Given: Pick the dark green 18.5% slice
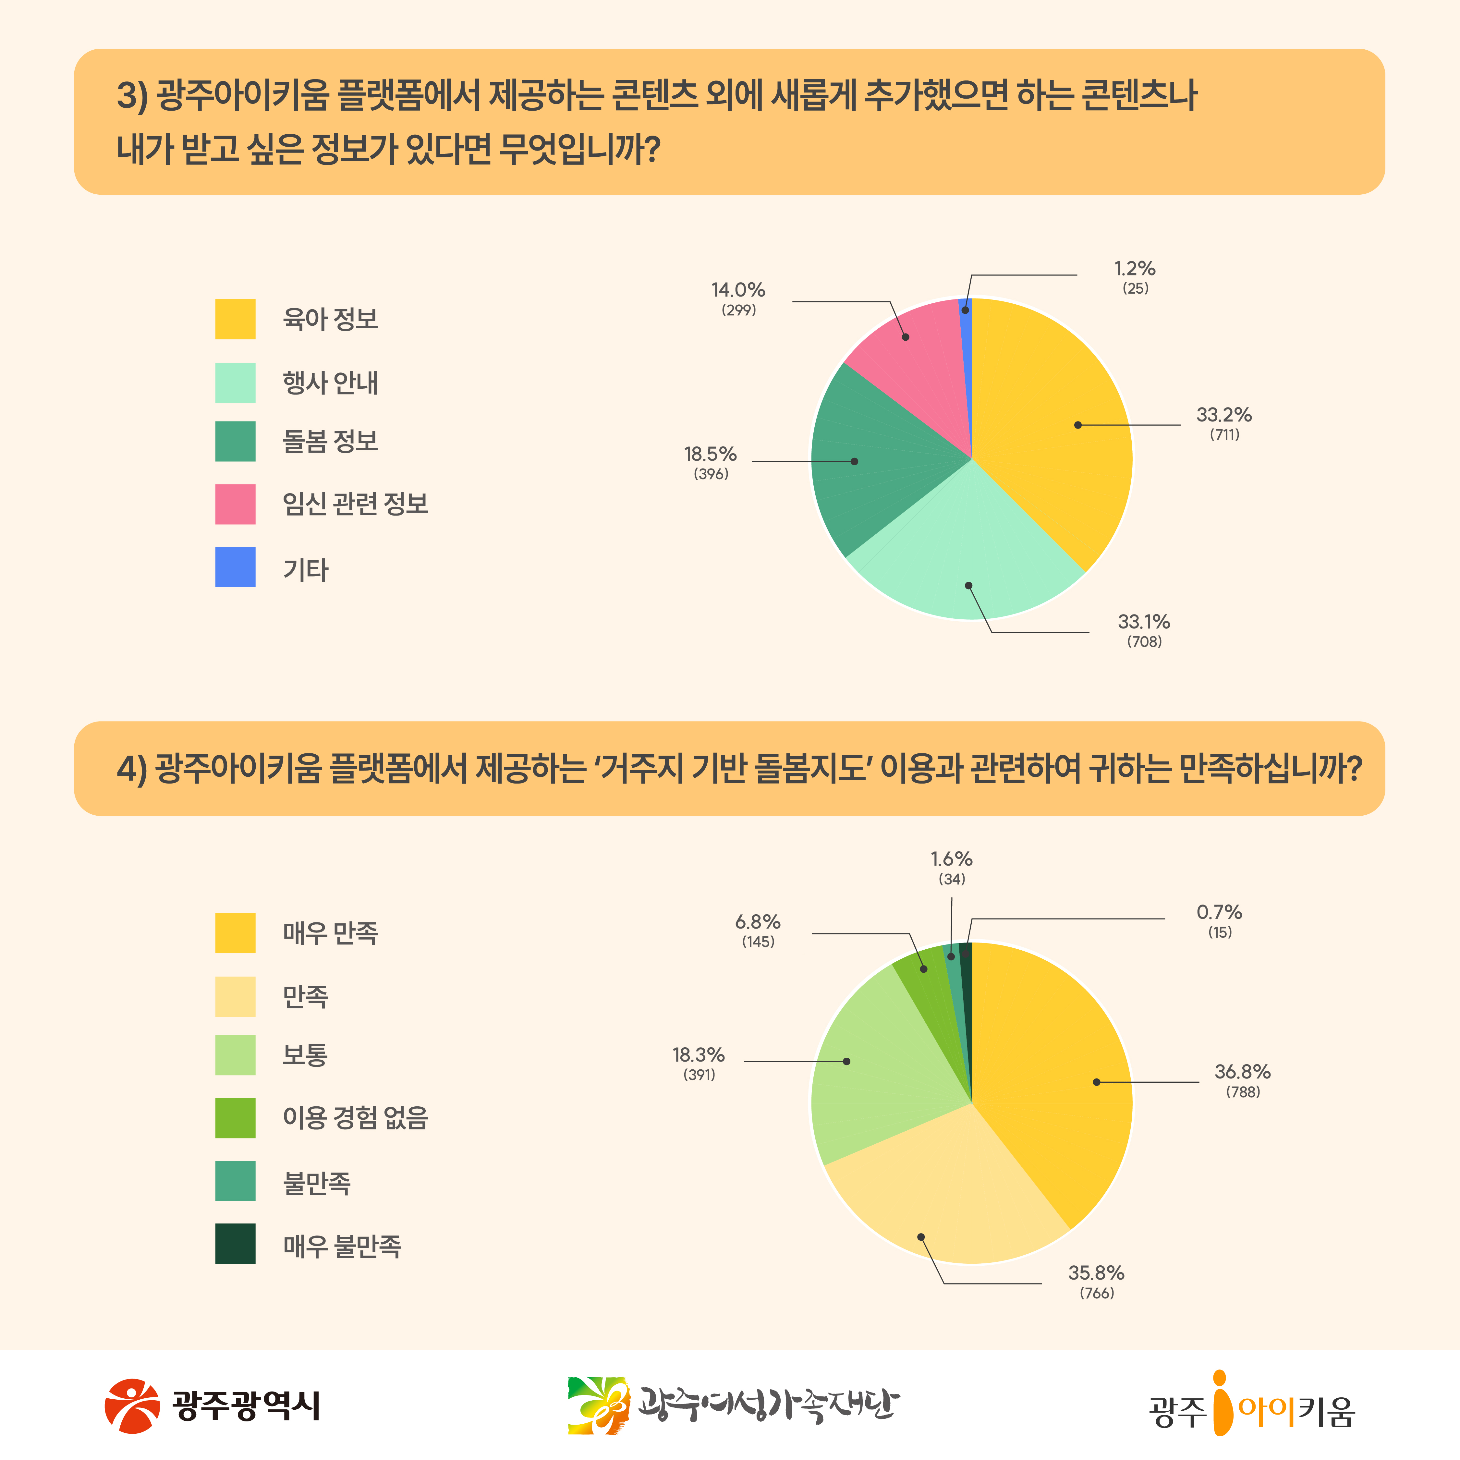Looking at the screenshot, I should (869, 461).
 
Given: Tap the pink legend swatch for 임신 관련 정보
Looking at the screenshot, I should (235, 504).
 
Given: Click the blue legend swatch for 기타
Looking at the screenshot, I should (235, 567).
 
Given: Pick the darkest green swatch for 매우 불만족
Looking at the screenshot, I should (235, 1244).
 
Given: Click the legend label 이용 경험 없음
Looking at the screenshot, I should (355, 1118).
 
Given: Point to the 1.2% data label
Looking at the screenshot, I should (1134, 269).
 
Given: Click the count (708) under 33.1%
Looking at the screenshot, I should (1144, 641).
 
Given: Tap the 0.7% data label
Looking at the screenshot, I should (1219, 912).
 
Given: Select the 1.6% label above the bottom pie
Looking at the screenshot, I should (951, 859).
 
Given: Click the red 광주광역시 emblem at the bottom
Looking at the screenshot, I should (132, 1406).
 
